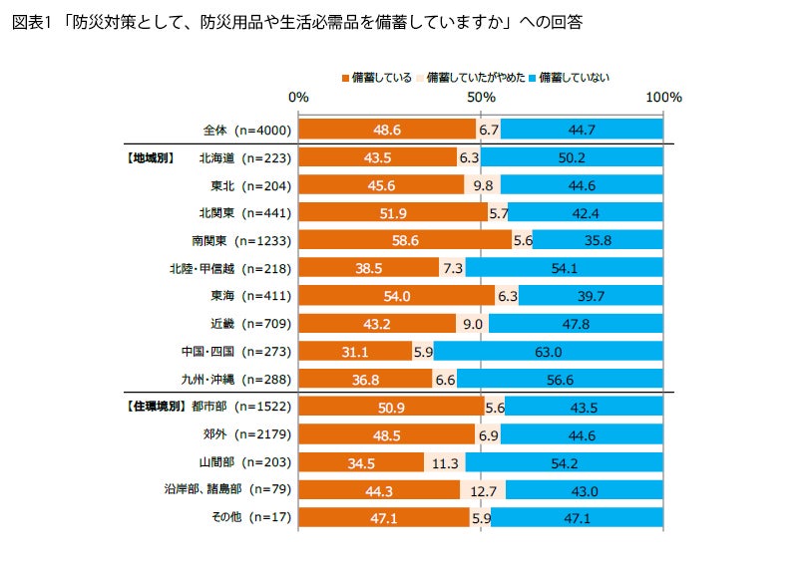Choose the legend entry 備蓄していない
[x=573, y=77]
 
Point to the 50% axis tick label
[x=481, y=98]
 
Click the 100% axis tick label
[x=663, y=98]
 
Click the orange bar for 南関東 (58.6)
[x=405, y=240]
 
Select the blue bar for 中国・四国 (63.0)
[x=549, y=351]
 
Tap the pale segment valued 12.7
[x=483, y=489]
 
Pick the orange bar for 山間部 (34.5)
[x=361, y=461]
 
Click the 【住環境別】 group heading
[x=159, y=407]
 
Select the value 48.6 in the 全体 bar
[x=387, y=130]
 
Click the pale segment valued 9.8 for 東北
[x=483, y=185]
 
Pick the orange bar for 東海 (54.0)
[x=396, y=296]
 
